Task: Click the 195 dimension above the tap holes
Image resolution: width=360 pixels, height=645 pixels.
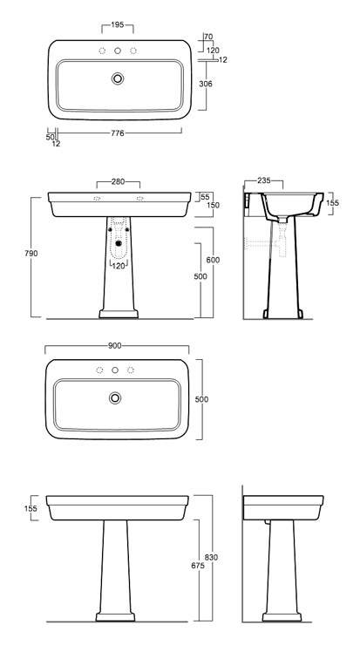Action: pos(118,25)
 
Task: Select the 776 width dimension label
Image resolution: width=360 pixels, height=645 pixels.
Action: pos(118,132)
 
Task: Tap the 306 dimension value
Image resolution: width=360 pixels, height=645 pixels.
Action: pos(206,84)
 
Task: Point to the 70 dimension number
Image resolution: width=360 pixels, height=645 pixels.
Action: pos(208,37)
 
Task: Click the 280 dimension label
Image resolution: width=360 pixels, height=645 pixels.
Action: pos(118,181)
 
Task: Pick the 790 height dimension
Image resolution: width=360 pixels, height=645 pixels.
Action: pos(31,254)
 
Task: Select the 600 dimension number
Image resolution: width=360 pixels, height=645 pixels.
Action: pos(213,260)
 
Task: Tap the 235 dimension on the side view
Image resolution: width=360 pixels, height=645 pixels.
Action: pos(264,180)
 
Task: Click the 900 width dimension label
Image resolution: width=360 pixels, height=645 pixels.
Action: pos(115,346)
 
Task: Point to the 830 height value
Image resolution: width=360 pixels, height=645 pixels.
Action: pos(211,557)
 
